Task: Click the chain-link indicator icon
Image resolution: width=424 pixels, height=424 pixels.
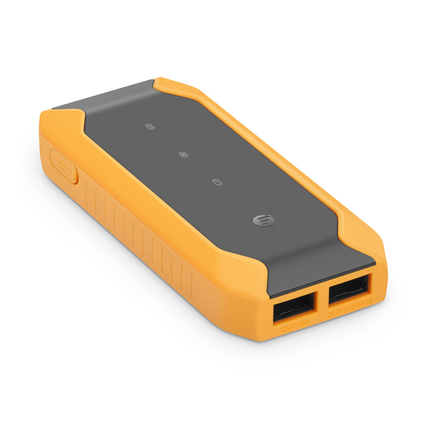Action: (150, 127)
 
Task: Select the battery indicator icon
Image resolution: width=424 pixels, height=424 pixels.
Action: (216, 182)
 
